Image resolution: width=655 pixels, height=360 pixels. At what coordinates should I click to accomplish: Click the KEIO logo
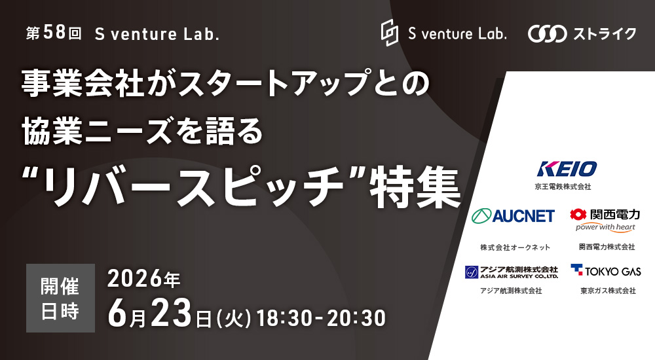tap(567, 169)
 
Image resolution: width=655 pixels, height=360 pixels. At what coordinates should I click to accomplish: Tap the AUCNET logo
tap(514, 215)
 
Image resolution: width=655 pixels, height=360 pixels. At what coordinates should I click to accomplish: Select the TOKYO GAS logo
tap(606, 270)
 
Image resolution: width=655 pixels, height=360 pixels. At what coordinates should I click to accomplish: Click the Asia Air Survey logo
tap(512, 272)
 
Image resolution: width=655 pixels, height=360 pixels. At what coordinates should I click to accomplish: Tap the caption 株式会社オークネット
tap(515, 247)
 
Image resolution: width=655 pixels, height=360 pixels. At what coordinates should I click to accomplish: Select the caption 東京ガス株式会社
tap(607, 291)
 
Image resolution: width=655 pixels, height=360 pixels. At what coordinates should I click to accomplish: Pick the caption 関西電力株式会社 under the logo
tap(607, 247)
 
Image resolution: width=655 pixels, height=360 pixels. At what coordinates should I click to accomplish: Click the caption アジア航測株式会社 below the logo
tap(512, 291)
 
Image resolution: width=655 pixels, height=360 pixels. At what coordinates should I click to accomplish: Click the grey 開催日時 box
tap(60, 298)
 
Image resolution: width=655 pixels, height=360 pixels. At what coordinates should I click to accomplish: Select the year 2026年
tap(143, 279)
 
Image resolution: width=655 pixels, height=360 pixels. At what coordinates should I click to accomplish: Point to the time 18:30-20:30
tap(321, 317)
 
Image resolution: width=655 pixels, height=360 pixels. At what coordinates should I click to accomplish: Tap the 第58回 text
tap(54, 34)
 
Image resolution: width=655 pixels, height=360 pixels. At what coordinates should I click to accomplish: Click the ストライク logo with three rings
tap(582, 34)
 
